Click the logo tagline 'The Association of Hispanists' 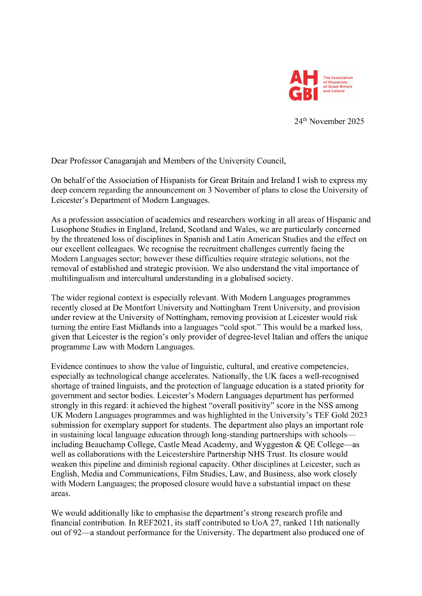coord(338,80)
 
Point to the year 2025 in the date coord(355,122)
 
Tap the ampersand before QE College coord(298,445)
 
